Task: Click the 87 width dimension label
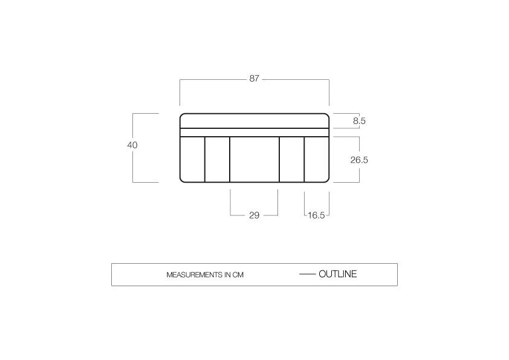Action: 254,79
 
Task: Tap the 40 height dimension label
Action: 132,145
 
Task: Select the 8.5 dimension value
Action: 359,121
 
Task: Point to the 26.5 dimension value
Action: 359,160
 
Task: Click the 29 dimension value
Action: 254,215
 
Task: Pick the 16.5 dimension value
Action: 316,215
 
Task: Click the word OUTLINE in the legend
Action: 337,274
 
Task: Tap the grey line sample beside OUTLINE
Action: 307,274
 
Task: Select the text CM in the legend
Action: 238,275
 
